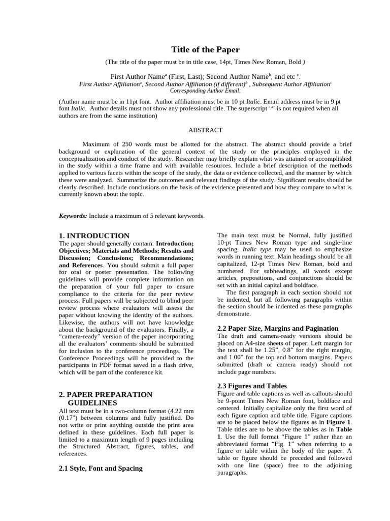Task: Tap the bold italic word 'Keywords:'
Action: [73, 216]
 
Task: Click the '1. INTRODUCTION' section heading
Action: [94, 236]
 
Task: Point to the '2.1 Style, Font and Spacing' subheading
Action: [101, 468]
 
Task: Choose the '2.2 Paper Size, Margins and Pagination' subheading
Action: [278, 328]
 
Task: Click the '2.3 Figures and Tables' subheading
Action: [252, 386]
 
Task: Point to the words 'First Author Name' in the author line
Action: [137, 77]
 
